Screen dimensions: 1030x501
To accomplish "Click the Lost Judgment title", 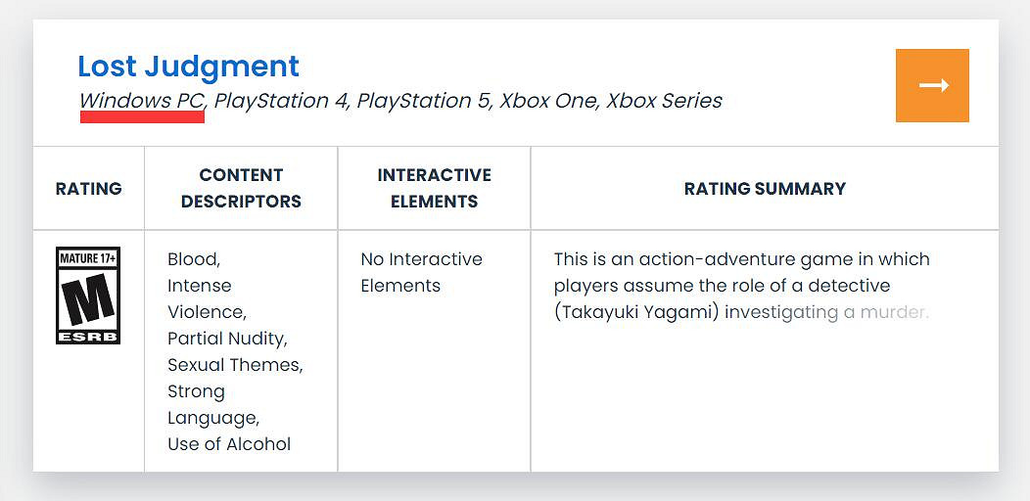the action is click(x=189, y=67).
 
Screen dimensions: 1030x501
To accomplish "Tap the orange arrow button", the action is click(x=932, y=85).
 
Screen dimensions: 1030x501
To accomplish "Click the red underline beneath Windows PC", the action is click(x=142, y=116).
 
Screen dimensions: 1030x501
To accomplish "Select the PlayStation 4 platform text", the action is click(x=281, y=101).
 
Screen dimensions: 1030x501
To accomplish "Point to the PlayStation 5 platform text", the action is click(x=424, y=101).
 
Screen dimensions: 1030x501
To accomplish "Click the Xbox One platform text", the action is click(x=548, y=101).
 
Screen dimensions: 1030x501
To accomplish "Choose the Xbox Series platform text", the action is click(x=664, y=101).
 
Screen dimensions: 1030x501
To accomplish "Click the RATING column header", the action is click(x=89, y=189).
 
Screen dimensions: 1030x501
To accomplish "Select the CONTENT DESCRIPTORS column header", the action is click(x=241, y=189).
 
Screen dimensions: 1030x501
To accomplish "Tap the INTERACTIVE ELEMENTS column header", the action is click(x=434, y=189).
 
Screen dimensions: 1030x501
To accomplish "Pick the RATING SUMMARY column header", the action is click(x=765, y=189).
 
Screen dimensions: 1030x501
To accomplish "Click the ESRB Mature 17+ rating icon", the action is click(x=88, y=296).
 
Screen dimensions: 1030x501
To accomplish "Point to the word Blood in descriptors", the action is click(x=194, y=259).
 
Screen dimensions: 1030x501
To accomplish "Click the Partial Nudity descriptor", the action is click(x=227, y=339).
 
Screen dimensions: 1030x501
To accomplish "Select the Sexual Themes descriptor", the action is click(x=235, y=365).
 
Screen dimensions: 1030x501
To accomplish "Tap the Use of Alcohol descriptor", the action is click(x=229, y=444).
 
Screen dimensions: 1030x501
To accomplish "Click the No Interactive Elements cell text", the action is click(x=422, y=272).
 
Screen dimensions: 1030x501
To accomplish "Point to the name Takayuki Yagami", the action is click(x=636, y=312).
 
